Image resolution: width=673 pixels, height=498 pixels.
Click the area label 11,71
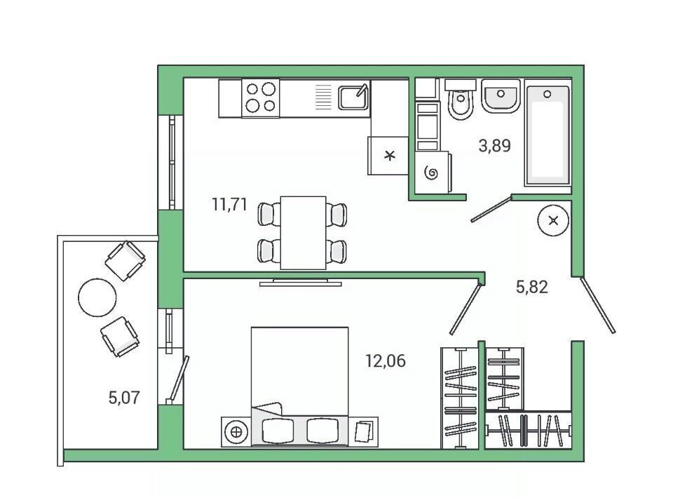[230, 204]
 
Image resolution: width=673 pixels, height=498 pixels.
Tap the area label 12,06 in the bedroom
[385, 361]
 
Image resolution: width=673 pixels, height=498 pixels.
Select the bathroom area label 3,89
[494, 145]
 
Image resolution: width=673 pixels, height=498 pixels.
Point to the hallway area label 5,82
[532, 287]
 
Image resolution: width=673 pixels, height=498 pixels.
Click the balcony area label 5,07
[124, 398]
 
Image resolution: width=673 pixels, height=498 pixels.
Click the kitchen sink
[353, 97]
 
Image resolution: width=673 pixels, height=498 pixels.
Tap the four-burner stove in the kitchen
[261, 98]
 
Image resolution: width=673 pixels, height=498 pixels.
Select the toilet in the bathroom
[460, 99]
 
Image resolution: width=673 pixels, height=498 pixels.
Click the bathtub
[548, 135]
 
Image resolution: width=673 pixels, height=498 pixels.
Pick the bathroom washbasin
[501, 95]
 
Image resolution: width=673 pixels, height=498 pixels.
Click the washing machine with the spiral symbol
[433, 172]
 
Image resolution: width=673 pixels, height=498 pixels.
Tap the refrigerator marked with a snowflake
[388, 156]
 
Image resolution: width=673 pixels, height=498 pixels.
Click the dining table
[303, 233]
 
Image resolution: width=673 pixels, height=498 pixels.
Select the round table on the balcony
[97, 297]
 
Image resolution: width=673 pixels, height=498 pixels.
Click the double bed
[299, 386]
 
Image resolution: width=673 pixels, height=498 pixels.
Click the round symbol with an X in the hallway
[553, 221]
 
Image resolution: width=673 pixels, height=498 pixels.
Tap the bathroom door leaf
[491, 208]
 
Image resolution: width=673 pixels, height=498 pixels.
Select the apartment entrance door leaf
[598, 305]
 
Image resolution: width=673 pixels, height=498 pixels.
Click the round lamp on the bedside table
[236, 432]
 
